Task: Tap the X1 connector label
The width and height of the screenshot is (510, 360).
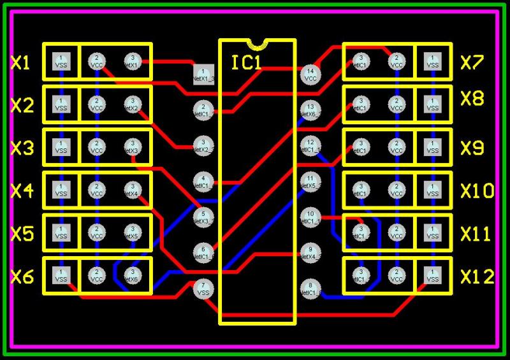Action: (x=20, y=62)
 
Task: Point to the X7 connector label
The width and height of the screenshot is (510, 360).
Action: (x=472, y=62)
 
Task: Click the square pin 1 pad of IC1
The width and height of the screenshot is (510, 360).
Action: (x=203, y=74)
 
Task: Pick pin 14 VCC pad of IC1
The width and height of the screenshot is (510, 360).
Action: (x=310, y=74)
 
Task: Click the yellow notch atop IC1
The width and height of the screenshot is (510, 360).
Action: (x=258, y=44)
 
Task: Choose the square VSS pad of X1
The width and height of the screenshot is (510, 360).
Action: (x=61, y=61)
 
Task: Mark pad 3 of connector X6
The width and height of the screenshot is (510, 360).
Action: (x=132, y=276)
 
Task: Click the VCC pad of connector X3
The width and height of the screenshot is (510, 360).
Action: (x=97, y=147)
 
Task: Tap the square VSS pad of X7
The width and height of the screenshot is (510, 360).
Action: (x=432, y=61)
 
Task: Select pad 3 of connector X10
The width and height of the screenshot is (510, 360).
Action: (x=361, y=190)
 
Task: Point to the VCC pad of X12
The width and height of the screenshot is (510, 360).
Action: (x=397, y=276)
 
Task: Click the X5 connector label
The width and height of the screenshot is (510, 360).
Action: (x=22, y=234)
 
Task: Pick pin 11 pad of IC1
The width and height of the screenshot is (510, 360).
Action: (x=310, y=181)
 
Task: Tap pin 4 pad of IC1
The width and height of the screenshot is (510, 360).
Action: (x=203, y=182)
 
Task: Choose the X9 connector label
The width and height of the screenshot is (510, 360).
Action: (x=472, y=148)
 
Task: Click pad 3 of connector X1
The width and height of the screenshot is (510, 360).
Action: (x=132, y=61)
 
